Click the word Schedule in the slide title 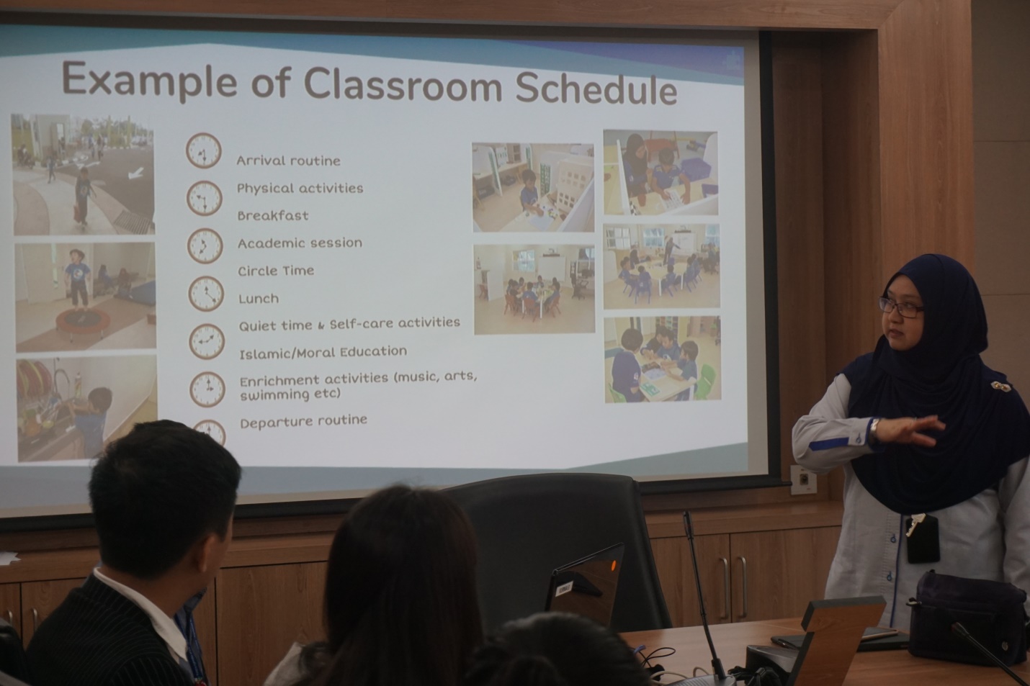(596, 89)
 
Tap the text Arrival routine (288, 161)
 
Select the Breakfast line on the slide (273, 215)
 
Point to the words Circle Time (276, 271)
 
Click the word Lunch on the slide (259, 299)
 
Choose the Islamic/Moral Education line (323, 353)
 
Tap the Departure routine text (303, 421)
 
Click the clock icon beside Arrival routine (204, 150)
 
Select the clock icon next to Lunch (206, 294)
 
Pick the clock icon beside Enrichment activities (207, 389)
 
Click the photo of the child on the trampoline (85, 297)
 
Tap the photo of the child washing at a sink (87, 408)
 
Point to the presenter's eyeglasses (901, 307)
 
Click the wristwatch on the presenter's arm (874, 430)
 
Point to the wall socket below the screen (804, 480)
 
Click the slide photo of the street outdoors (83, 175)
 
